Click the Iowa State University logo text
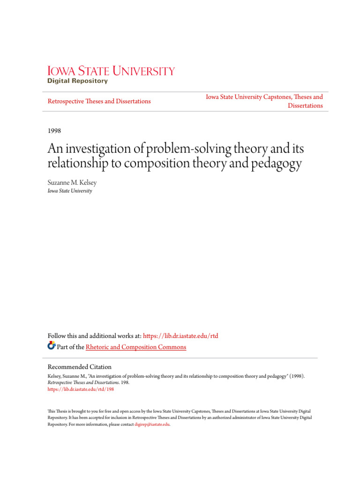click(111, 71)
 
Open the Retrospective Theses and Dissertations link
click(99, 101)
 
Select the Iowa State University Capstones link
click(264, 97)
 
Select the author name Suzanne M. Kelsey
click(71, 182)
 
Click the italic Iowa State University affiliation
click(70, 191)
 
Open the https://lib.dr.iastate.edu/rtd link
click(180, 336)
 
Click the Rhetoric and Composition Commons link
click(136, 347)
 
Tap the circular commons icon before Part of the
click(52, 346)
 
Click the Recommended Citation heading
click(80, 367)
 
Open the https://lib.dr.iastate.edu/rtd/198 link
click(81, 389)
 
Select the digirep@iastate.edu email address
click(152, 424)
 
